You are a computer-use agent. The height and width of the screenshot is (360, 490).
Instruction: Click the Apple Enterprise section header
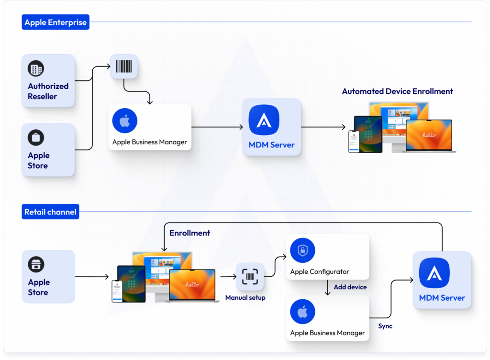(56, 22)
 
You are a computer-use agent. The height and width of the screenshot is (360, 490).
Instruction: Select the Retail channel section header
(50, 212)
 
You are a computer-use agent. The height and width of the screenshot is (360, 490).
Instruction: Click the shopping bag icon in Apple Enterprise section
(36, 138)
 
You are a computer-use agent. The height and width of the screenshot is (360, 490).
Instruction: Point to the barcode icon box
(124, 66)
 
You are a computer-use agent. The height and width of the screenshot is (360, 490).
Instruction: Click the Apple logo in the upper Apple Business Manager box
(124, 121)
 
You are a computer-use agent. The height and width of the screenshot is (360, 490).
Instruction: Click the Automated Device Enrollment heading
(397, 91)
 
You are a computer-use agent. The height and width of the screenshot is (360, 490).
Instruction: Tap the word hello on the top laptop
(429, 135)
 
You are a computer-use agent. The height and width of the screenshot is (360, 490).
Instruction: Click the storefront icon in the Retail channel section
(36, 264)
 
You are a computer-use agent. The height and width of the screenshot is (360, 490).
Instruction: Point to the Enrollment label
(189, 233)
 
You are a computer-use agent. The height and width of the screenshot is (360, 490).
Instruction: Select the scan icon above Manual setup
(250, 277)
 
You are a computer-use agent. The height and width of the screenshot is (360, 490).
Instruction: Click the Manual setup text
(245, 298)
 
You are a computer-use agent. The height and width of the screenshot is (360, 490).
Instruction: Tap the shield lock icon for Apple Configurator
(302, 250)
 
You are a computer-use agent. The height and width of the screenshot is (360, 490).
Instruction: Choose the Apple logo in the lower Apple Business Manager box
(302, 312)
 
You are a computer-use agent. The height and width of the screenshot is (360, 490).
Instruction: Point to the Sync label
(385, 326)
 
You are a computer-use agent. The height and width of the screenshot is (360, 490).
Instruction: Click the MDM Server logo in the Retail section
(434, 273)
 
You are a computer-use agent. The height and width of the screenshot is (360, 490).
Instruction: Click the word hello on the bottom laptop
(192, 284)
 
